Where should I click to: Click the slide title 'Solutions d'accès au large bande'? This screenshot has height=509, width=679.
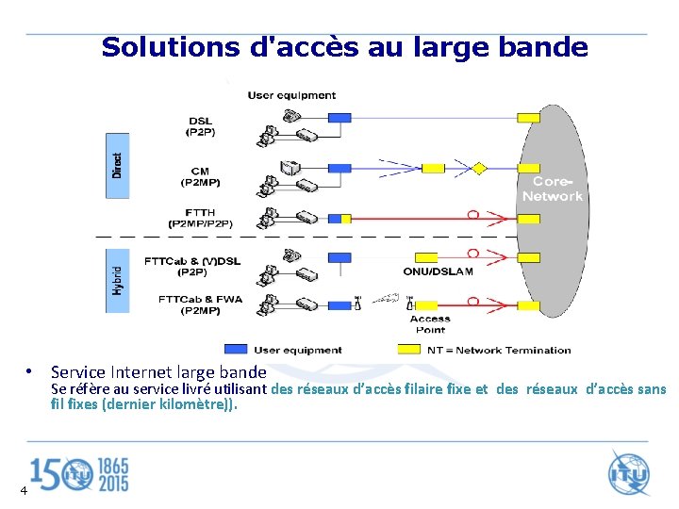344,47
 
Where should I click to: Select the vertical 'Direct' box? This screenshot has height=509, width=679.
117,165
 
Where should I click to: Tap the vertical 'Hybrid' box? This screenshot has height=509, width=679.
117,279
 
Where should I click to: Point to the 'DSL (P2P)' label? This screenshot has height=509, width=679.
200,125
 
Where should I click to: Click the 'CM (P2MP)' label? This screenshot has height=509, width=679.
200,175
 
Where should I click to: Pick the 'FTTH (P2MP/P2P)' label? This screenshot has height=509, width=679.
200,218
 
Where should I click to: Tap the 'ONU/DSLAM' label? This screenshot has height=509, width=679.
438,271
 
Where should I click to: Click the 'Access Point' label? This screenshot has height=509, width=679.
430,323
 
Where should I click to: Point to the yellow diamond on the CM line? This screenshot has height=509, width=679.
478,169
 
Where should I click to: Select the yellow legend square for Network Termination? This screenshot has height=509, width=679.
408,349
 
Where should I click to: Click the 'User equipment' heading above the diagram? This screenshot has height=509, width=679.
291,94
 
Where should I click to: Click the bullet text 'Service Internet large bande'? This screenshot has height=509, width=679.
158,372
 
